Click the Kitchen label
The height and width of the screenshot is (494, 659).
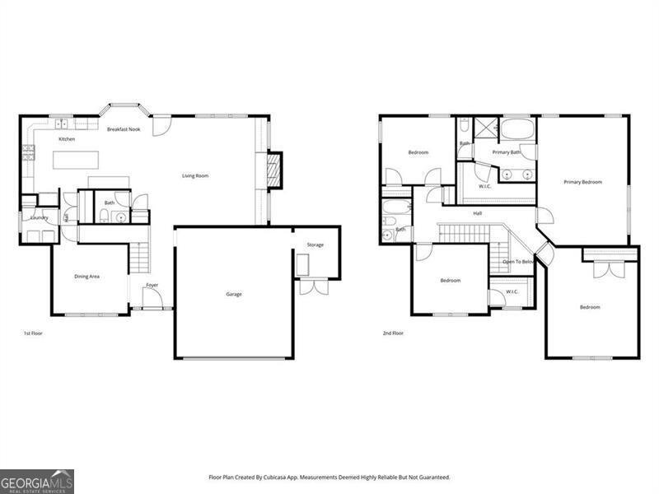click(67, 139)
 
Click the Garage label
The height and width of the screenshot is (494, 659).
click(234, 294)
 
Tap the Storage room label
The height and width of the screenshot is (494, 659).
click(315, 245)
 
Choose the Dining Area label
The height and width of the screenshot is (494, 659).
click(87, 277)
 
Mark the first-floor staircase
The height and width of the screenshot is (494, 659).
click(139, 259)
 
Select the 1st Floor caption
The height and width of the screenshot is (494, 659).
click(32, 333)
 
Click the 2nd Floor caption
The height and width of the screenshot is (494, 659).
click(392, 333)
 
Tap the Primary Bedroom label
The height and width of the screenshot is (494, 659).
click(582, 182)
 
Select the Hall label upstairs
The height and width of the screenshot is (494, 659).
click(477, 213)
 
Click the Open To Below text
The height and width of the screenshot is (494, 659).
click(518, 262)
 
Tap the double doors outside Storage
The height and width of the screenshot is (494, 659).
click(312, 287)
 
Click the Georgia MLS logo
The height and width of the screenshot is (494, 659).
click(37, 481)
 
